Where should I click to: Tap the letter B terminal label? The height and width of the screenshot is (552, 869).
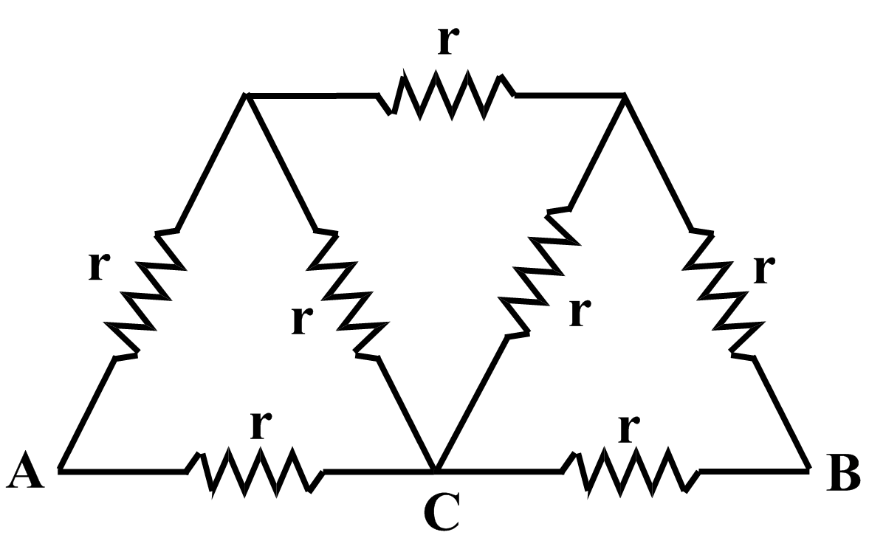pos(842,475)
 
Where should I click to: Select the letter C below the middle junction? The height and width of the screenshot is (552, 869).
pos(442,512)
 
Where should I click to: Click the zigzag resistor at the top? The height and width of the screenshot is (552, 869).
pos(446,95)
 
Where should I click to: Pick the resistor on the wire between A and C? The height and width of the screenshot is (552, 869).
pos(255,470)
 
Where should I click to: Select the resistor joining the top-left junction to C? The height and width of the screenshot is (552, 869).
pos(346,295)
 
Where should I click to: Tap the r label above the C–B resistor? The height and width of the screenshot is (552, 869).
pos(628,427)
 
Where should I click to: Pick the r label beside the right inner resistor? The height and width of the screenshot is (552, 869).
pos(580,311)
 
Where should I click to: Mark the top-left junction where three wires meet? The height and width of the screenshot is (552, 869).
pos(247,95)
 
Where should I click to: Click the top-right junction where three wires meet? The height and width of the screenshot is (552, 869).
pos(625,95)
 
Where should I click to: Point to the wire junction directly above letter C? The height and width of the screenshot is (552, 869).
pos(436,469)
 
